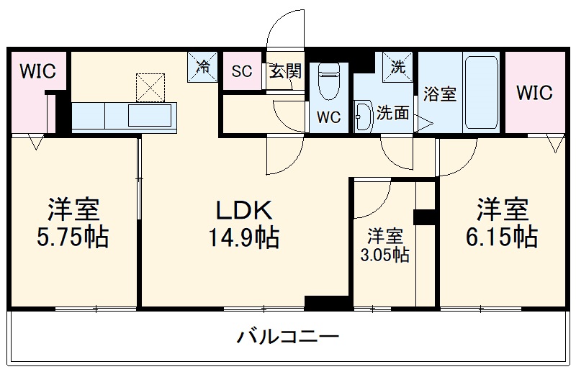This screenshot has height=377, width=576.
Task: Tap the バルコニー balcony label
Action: click(287, 337)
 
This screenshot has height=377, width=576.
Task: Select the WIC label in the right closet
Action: click(534, 93)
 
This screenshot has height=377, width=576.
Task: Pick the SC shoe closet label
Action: click(241, 71)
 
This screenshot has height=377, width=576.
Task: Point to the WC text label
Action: click(328, 118)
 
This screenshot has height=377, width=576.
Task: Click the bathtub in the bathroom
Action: click(482, 92)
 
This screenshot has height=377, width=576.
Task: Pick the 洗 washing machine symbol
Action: click(398, 65)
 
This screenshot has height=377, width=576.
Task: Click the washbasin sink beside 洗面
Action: click(362, 114)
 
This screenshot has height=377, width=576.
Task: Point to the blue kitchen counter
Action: click(123, 114)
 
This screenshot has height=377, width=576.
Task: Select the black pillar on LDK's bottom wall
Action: click(318, 302)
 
